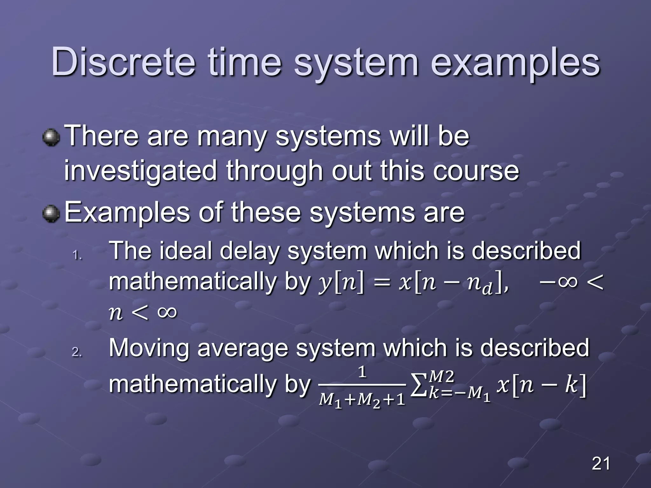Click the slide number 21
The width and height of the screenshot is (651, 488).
click(x=601, y=464)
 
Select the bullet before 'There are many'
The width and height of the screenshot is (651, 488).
click(x=51, y=137)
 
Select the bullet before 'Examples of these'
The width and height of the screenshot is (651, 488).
click(x=51, y=214)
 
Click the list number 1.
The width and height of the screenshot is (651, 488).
click(x=77, y=255)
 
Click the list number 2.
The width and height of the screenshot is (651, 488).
click(x=77, y=352)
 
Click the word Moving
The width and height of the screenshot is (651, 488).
click(x=149, y=348)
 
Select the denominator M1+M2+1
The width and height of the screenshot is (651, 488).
click(x=362, y=399)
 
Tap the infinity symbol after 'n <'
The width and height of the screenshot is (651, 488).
click(x=167, y=312)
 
